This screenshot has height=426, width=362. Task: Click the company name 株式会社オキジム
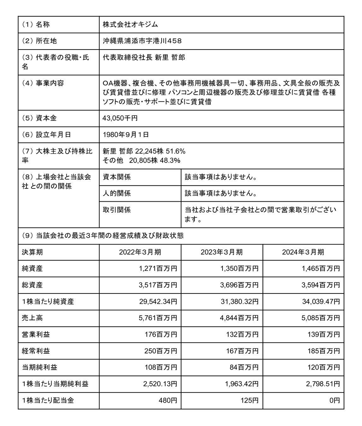click(x=130, y=25)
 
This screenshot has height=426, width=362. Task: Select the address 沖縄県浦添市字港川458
click(x=142, y=41)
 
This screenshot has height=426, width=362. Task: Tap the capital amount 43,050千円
click(x=120, y=118)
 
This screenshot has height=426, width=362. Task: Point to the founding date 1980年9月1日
click(x=126, y=135)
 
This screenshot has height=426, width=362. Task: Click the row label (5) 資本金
click(x=39, y=118)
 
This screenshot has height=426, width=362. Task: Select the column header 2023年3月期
click(x=222, y=252)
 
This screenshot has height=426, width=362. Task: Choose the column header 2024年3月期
click(x=303, y=252)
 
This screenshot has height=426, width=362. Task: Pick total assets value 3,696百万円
click(x=240, y=285)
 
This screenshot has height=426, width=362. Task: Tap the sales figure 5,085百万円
click(x=321, y=318)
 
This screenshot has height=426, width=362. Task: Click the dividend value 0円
click(x=334, y=400)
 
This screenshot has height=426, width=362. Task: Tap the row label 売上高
click(x=32, y=318)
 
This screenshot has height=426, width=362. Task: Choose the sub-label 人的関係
click(x=117, y=193)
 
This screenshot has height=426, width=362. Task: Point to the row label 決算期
click(x=32, y=252)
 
